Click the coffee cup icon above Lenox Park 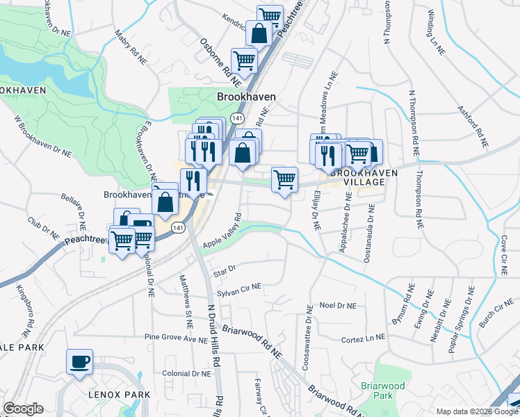tap(79, 361)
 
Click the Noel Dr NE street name tap(337, 306)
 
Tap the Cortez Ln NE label tap(363, 339)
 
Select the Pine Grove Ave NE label tap(176, 338)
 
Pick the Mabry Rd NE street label tap(125, 42)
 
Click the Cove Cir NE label tap(503, 254)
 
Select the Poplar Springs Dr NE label tap(462, 319)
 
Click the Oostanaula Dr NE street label tap(368, 233)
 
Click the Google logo tap(23, 409)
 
